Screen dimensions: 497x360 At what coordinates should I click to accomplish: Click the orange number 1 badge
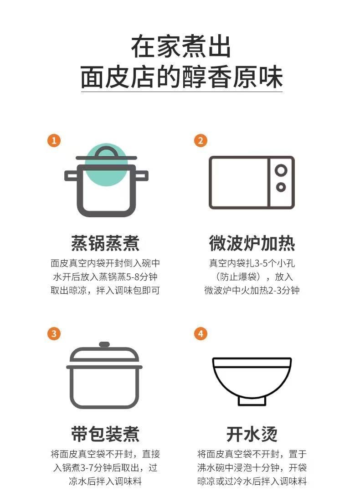coord(54,140)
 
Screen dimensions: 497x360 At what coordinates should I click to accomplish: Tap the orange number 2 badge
coord(201,140)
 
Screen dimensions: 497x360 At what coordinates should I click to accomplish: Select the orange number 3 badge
coord(54,334)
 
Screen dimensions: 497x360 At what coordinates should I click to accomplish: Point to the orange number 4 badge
coord(201,334)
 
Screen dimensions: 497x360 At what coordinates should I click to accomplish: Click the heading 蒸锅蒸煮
coord(105,243)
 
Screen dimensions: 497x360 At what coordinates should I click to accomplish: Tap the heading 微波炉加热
coord(252,243)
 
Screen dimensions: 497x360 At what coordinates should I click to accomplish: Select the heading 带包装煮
coord(105,434)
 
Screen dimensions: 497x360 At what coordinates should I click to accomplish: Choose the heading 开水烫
coord(252,434)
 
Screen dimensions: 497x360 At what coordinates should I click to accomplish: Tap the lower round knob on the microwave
coord(281,187)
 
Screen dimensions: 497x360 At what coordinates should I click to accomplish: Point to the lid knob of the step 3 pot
coord(104,345)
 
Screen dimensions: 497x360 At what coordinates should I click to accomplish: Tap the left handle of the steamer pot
coord(71,174)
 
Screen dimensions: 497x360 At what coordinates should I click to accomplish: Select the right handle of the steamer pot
coord(142,174)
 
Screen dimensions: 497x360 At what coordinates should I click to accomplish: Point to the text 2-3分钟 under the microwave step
coord(279,291)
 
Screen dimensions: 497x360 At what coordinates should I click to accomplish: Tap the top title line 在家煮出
coord(181,47)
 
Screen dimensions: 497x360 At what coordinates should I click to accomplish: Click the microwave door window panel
coord(239,183)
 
